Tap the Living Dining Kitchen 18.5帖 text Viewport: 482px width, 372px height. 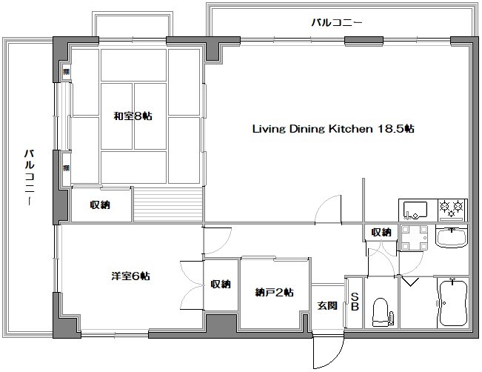coord(333,128)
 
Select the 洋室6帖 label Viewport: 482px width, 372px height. coord(131,276)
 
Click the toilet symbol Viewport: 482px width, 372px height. coord(381,310)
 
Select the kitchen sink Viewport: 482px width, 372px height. coord(415,210)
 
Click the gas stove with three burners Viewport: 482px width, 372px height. coord(452,210)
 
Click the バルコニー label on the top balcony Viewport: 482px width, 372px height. coord(336,23)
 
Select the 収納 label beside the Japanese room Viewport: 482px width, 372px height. coord(100,205)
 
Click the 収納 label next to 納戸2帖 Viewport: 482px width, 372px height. coord(220,284)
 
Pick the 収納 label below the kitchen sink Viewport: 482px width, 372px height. coord(381,232)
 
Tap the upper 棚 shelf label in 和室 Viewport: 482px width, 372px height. coord(66,72)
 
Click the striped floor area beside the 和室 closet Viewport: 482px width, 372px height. coord(168,204)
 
